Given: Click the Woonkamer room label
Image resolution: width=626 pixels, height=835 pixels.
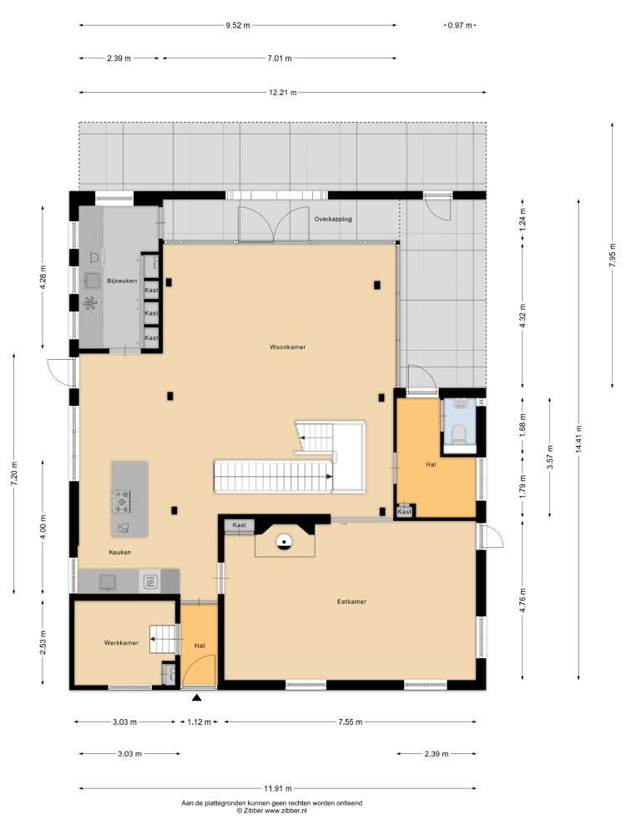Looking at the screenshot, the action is (287, 347).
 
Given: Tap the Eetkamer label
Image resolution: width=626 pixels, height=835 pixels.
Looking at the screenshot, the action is (352, 602).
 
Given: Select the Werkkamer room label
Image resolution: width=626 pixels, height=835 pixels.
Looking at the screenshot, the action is (121, 643).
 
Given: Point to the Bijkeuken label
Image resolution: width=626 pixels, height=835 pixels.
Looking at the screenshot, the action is (122, 281).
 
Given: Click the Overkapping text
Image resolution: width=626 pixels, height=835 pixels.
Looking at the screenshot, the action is (333, 219).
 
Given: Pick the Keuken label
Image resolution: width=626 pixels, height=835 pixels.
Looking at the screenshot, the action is (119, 552).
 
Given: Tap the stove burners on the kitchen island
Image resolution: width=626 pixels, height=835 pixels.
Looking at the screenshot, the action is (121, 502).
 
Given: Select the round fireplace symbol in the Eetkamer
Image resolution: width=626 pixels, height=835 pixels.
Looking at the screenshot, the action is (285, 542).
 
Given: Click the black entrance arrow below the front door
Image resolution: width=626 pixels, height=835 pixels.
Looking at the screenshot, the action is (197, 698).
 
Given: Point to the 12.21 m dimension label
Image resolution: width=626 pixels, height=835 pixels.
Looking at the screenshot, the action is (283, 93).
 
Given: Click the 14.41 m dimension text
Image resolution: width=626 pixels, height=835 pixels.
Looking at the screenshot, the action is (578, 439).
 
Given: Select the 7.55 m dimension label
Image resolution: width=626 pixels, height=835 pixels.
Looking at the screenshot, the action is (351, 722).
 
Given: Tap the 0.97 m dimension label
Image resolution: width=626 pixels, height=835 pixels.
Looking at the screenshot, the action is (460, 25).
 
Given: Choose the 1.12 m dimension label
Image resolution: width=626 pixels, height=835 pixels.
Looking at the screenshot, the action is (199, 722).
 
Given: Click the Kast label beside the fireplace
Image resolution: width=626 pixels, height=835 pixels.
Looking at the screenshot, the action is (240, 525).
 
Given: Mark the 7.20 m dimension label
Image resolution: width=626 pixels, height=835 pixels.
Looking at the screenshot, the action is (14, 473).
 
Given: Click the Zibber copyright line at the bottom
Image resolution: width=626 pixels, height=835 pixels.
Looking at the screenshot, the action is (272, 811).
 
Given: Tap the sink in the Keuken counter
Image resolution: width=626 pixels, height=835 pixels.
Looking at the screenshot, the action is (109, 581).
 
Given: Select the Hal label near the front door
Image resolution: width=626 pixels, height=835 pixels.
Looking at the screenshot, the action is (199, 646).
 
